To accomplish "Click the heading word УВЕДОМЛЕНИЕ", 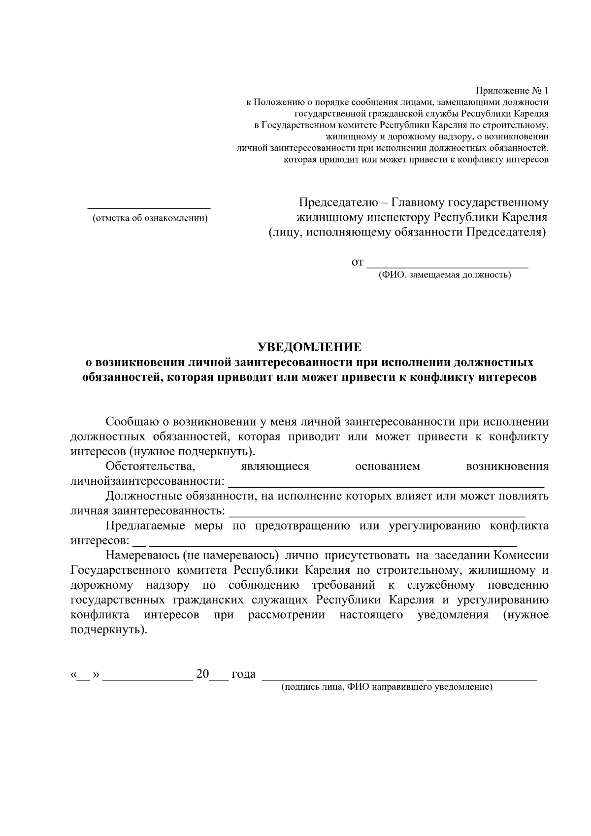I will tap(310, 347).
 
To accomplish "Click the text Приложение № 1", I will tap(511, 91).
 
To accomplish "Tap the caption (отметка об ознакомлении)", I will tap(150, 218).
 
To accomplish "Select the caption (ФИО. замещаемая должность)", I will tap(444, 275).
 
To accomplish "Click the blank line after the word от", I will tap(448, 266).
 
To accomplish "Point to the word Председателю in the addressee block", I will tap(338, 202).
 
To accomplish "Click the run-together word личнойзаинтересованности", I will tap(147, 481).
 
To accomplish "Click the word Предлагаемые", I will tap(145, 526).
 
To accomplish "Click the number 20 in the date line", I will tap(202, 674).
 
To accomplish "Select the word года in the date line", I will tap(243, 674).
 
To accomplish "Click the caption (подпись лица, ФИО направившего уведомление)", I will tap(387, 687).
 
